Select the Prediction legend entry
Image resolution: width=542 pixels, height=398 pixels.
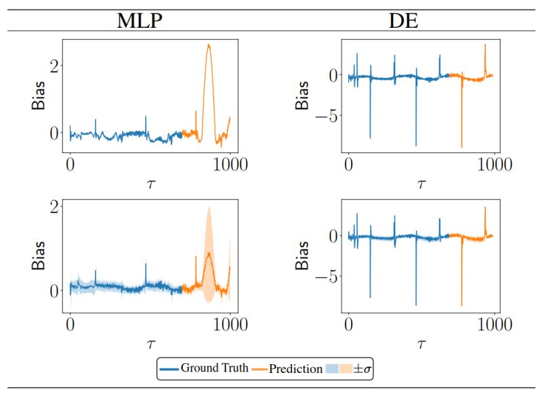click(295, 369)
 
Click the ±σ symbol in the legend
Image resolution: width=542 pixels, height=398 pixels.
click(363, 369)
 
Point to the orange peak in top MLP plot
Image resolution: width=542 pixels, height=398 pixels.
click(209, 46)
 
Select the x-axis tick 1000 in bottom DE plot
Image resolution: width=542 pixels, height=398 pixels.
click(493, 325)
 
